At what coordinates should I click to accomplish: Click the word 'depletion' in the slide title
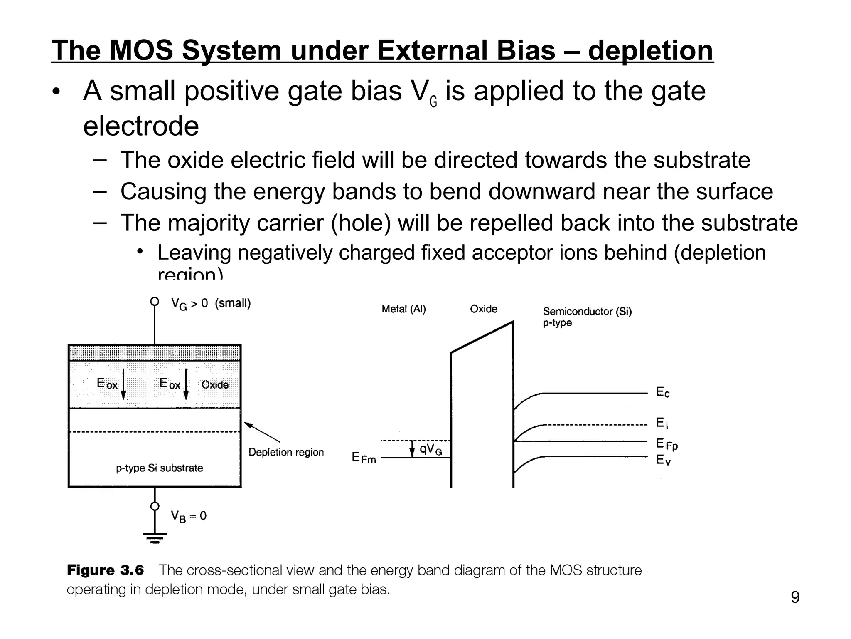[650, 51]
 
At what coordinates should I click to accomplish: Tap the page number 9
[795, 597]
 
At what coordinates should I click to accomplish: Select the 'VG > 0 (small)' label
[211, 304]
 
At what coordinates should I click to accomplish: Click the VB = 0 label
[188, 516]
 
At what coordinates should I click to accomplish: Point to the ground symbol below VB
[155, 538]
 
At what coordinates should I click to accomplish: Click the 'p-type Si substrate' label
[159, 468]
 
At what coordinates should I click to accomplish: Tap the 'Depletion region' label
[286, 452]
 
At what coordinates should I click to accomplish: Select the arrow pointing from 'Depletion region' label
[262, 432]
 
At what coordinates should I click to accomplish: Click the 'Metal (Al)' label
[403, 309]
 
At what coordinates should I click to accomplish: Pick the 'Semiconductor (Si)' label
[587, 312]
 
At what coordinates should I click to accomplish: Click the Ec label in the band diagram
[663, 392]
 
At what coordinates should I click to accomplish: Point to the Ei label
[662, 424]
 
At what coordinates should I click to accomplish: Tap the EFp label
[667, 444]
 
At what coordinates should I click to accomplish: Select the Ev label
[663, 460]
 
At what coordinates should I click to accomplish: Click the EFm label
[364, 458]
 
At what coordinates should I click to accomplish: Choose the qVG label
[430, 449]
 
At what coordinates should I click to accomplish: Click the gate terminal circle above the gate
[155, 301]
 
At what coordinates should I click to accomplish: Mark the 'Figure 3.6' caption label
[105, 570]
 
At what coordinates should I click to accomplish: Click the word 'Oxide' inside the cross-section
[215, 385]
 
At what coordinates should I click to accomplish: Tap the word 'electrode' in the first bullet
[141, 126]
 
